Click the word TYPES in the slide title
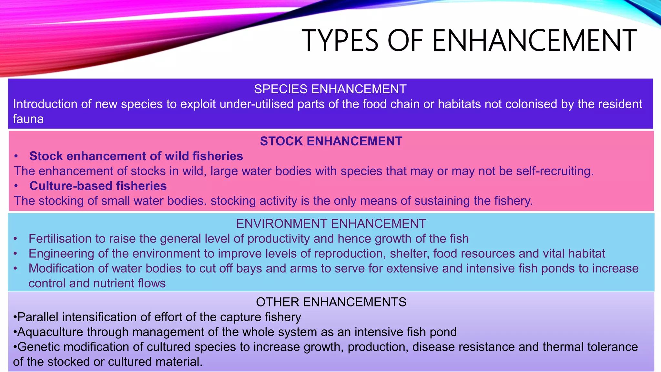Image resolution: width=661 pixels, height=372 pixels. point(340,41)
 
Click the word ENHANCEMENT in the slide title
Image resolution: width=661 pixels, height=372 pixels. point(534,41)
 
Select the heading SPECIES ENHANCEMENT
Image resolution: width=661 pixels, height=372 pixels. point(330,89)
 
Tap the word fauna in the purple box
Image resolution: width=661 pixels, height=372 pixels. point(28,119)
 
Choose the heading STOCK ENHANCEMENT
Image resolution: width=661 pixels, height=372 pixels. point(331,141)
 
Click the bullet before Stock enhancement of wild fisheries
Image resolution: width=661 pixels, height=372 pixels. point(16,156)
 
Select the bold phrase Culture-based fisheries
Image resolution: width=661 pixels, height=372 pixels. point(98,186)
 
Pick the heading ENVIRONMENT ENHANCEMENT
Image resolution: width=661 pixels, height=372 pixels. point(331,223)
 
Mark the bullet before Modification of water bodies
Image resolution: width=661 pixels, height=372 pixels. point(15,268)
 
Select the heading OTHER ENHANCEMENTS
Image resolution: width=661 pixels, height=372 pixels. point(331,302)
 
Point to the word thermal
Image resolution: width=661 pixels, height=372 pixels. point(561,347)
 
